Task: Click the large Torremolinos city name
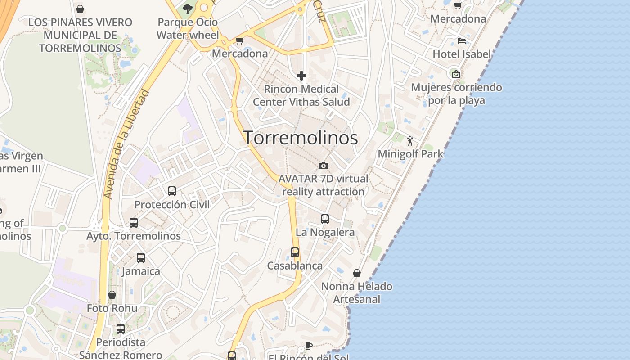coord(301,138)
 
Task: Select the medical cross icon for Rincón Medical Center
coord(301,76)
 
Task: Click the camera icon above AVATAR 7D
coord(323,166)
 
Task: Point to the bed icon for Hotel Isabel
coord(462,41)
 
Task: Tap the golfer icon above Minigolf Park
coord(410,141)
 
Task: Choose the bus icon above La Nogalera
coord(325,219)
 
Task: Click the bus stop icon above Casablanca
coord(295,252)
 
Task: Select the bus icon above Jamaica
coord(141,258)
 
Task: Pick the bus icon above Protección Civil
coord(172,191)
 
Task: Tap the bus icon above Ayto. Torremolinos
coord(134,222)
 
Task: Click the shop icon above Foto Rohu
coord(112,295)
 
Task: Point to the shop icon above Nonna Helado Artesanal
coord(357,273)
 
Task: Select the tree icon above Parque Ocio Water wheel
coord(187,9)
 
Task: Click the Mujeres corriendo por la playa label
coord(456,94)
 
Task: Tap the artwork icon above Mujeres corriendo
coord(456,74)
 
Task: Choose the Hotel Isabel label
coord(462,54)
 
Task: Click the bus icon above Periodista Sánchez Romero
coord(121,329)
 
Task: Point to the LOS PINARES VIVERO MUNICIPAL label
coord(80,35)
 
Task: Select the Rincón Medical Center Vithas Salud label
coord(301,95)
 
